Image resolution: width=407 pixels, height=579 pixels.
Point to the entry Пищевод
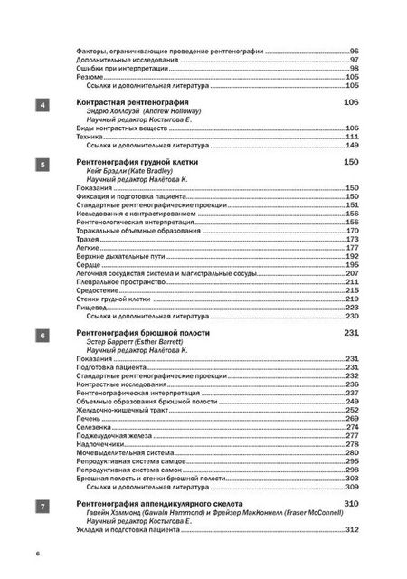pyautogui.click(x=92, y=307)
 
